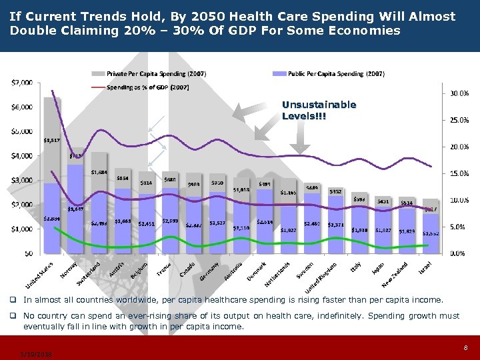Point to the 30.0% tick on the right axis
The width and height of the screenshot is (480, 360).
(457, 93)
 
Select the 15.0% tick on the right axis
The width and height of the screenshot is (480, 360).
(457, 173)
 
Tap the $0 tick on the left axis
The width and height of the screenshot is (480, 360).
(27, 253)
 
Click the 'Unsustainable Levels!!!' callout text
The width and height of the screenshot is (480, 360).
(319, 111)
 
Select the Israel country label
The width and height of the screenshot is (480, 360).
(427, 267)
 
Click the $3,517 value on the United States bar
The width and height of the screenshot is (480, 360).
(52, 140)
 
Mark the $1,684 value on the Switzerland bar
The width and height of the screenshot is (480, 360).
(99, 172)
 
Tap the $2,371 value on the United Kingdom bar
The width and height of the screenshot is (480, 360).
(336, 225)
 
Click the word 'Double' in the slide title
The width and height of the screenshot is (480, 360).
(31, 31)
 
